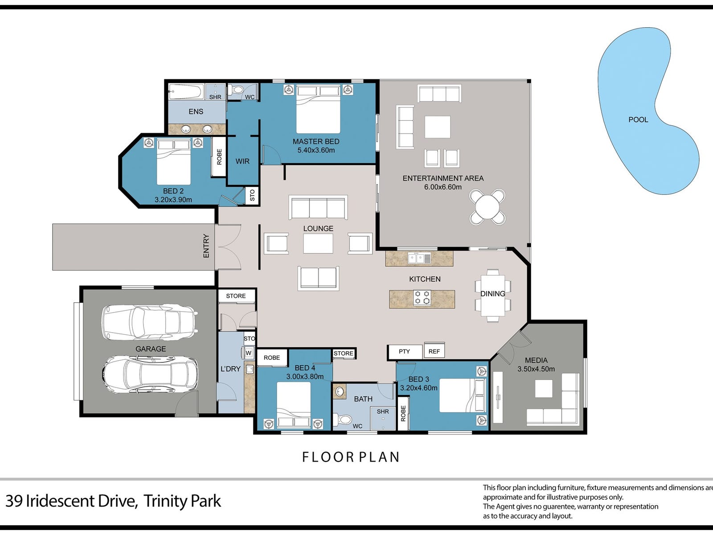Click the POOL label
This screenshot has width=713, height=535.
coord(638,119)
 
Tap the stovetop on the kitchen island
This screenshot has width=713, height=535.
coord(422,297)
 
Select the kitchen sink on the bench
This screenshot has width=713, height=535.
coord(419,259)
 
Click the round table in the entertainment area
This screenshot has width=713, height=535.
coord(487,207)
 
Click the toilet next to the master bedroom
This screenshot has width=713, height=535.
coord(235,89)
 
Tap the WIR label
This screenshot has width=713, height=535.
coord(242,161)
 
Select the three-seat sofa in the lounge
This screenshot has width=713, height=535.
coord(318,208)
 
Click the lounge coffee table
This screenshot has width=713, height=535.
coord(318,243)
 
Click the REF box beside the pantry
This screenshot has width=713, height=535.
coord(434,351)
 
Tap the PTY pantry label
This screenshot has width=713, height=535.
coord(404,351)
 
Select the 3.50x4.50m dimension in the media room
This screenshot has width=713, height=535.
coord(536,369)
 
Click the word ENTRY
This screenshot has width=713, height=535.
coord(206,246)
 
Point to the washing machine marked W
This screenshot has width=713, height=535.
coord(248,353)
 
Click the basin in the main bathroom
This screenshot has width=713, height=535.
coord(340,392)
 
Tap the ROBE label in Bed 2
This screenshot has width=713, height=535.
coord(219,157)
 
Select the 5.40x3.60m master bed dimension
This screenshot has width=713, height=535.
coord(316,150)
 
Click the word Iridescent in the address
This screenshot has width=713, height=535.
coord(81,501)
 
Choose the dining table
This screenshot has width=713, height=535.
coord(493,295)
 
